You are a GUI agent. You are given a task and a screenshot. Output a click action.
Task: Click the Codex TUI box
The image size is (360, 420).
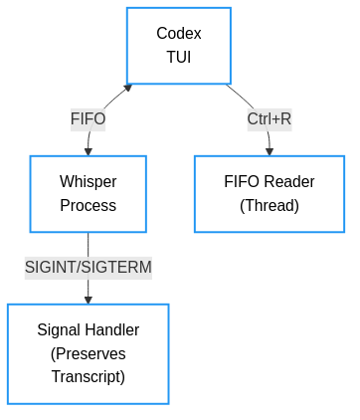(179, 46)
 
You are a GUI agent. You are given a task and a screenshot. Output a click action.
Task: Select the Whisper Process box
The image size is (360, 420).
(88, 193)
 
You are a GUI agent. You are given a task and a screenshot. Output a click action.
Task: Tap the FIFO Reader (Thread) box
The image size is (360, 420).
(269, 193)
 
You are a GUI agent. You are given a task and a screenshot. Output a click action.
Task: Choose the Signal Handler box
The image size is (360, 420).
(88, 353)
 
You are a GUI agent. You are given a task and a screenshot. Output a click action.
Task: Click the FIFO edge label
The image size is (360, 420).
(88, 119)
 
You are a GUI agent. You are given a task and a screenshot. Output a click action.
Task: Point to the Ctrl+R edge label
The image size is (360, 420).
(269, 119)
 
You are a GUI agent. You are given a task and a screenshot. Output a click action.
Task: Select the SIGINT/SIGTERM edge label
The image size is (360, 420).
(88, 267)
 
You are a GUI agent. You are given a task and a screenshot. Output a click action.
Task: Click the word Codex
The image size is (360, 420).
(179, 34)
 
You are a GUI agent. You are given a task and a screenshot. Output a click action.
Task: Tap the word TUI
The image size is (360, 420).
(179, 58)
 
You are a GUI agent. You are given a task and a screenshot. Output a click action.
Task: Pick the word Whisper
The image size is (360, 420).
(88, 181)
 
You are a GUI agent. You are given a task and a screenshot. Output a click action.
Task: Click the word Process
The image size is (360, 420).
(88, 206)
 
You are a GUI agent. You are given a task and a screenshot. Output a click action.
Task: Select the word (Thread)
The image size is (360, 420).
(269, 206)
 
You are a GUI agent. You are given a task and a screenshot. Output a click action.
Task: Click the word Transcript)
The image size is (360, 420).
(88, 377)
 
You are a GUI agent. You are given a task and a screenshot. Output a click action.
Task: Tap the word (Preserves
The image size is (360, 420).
(88, 353)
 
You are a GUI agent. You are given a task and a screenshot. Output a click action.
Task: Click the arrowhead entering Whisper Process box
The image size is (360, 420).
(88, 151)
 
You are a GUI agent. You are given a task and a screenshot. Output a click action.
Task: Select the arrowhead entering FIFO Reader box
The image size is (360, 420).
(269, 151)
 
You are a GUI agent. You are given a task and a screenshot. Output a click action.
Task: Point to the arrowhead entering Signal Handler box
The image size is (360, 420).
(88, 300)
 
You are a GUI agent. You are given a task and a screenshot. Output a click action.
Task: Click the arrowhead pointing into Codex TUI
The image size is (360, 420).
(128, 88)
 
